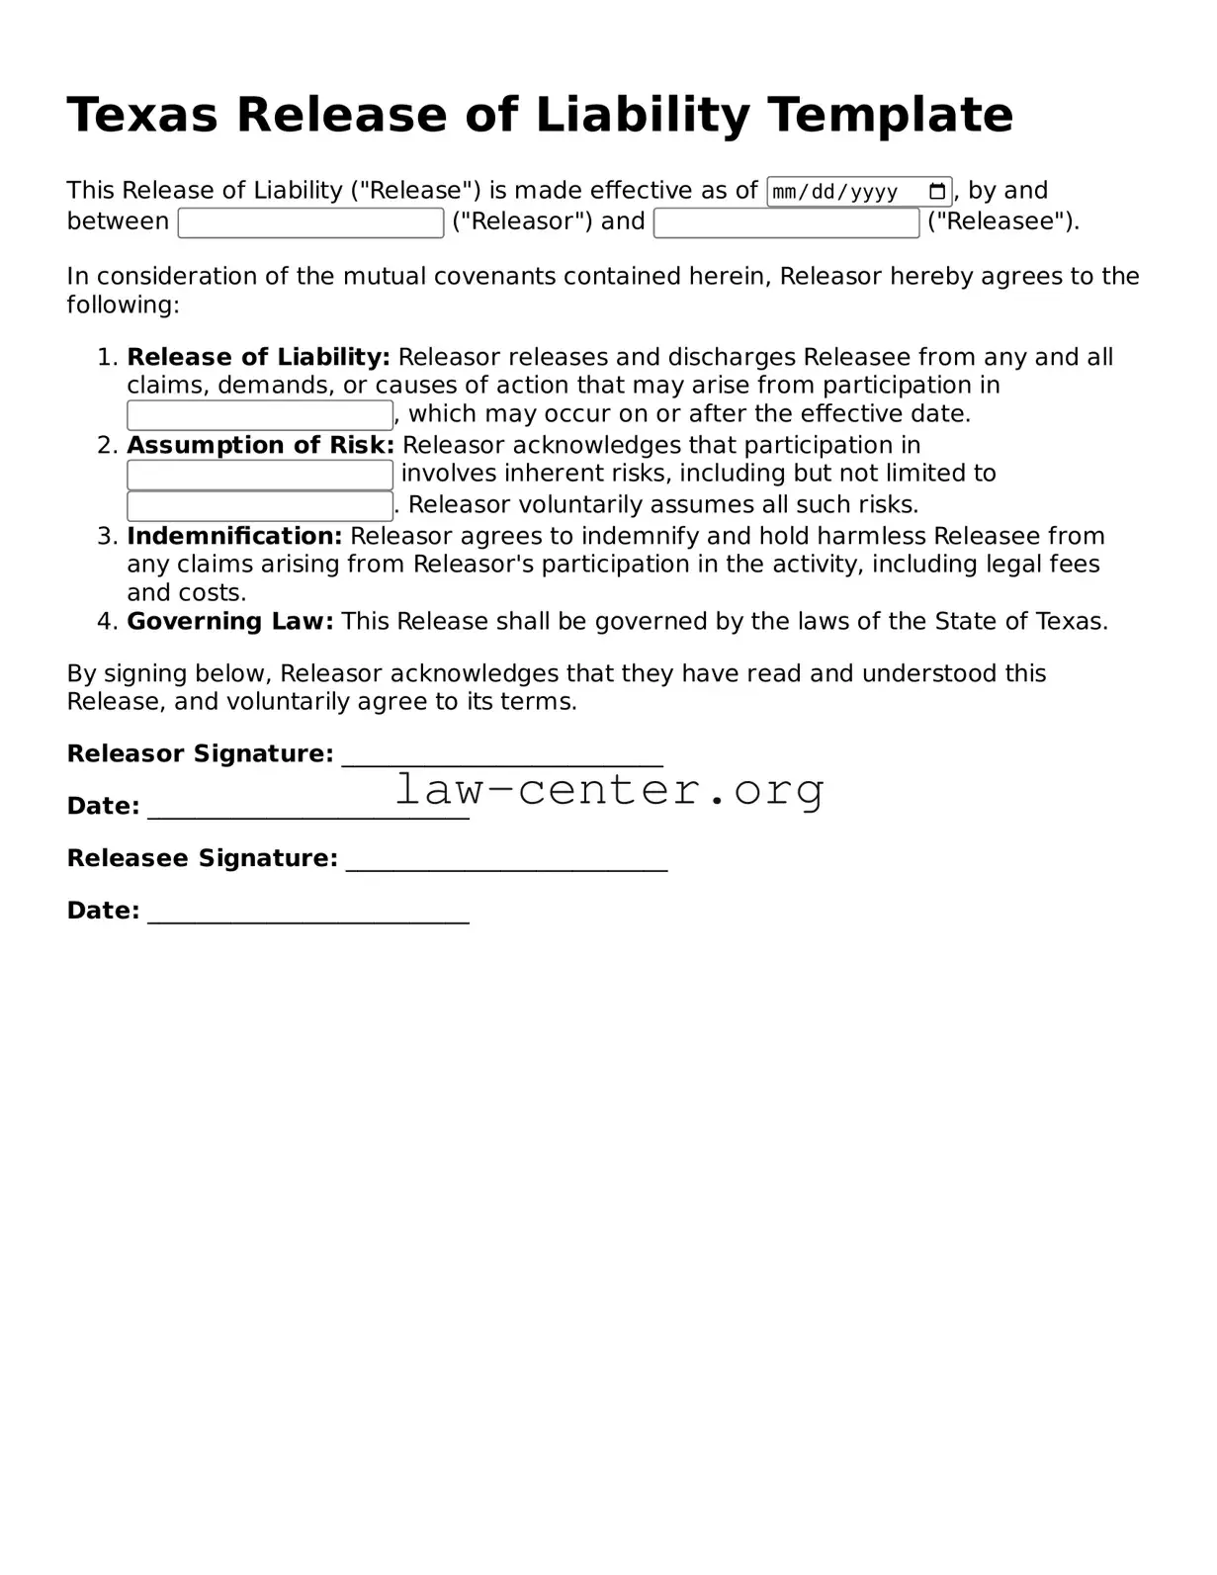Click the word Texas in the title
point(141,115)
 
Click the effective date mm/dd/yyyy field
point(845,192)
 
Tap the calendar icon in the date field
point(937,192)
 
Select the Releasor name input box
point(310,222)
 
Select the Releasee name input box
point(786,222)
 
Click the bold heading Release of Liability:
point(258,357)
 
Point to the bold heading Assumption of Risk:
point(260,445)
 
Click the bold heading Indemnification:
point(234,536)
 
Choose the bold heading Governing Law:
point(230,621)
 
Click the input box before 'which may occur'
point(260,414)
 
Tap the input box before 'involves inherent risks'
point(260,475)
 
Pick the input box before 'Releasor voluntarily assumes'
point(260,505)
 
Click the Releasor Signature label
point(200,753)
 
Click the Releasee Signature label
point(202,857)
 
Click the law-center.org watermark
point(609,790)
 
